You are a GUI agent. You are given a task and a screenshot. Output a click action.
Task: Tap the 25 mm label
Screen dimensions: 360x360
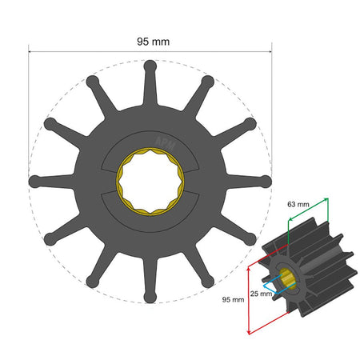(260, 294)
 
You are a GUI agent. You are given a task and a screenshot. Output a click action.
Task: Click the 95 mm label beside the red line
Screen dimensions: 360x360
(232, 299)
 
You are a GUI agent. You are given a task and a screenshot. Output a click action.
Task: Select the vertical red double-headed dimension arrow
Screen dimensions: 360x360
(250, 298)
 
